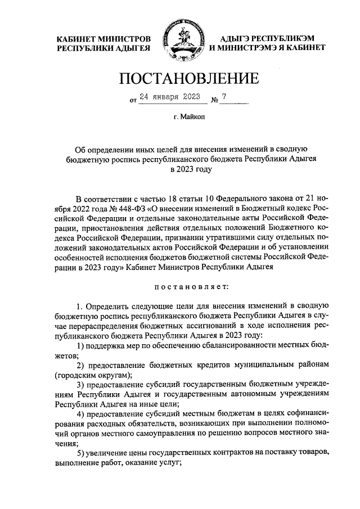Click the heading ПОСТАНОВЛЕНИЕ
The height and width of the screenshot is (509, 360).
(180, 78)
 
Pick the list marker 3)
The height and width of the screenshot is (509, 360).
(80, 384)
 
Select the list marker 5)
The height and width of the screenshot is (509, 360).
(80, 453)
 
